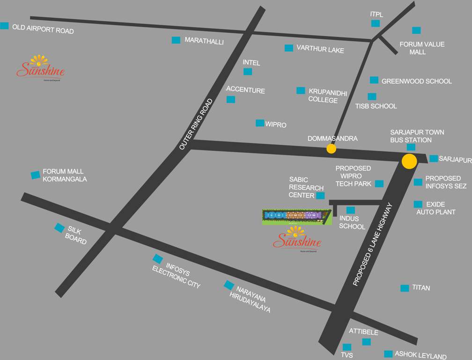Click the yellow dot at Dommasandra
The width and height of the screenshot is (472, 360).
pyautogui.click(x=331, y=149)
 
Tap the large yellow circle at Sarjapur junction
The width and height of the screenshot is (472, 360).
pyautogui.click(x=409, y=161)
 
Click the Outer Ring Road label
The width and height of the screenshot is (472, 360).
pyautogui.click(x=196, y=124)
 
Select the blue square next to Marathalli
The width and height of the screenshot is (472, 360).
pyautogui.click(x=176, y=40)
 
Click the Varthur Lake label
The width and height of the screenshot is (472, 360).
pyautogui.click(x=320, y=49)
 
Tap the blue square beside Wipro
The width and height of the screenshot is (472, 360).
pyautogui.click(x=259, y=123)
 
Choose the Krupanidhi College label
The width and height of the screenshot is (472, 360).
pyautogui.click(x=327, y=96)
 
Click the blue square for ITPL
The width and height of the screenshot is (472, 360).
pyautogui.click(x=376, y=23)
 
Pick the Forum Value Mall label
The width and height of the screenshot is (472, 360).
pyautogui.click(x=421, y=48)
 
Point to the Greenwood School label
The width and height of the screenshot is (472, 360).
pyautogui.click(x=416, y=81)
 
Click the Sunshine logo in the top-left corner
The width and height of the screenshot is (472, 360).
pyautogui.click(x=40, y=68)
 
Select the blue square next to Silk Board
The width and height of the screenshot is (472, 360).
pyautogui.click(x=59, y=228)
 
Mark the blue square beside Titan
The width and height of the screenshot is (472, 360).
pyautogui.click(x=405, y=288)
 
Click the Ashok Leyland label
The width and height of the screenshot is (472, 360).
pyautogui.click(x=420, y=355)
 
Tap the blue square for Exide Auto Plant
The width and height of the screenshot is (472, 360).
pyautogui.click(x=418, y=204)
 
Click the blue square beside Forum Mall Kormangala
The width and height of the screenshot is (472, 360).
pyautogui.click(x=36, y=175)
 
